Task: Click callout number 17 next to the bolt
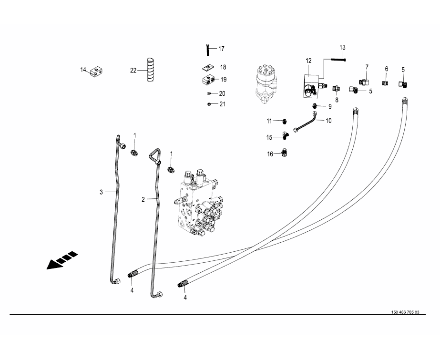point(221,49)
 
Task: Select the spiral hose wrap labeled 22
point(150,70)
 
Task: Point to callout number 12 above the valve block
point(308,61)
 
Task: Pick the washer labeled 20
point(210,93)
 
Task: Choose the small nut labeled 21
point(210,104)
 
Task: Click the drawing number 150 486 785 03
point(405,312)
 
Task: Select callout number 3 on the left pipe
point(101,192)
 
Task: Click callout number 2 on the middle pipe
point(143,199)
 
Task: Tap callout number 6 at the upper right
point(387,69)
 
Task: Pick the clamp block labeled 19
point(208,79)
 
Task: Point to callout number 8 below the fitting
point(337,100)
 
